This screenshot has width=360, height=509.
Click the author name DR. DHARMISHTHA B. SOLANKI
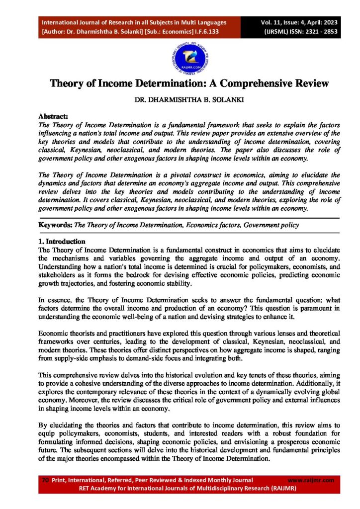[x=180, y=100]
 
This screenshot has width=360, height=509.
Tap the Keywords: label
[x=56, y=225]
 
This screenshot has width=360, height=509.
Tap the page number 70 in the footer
[x=45, y=480]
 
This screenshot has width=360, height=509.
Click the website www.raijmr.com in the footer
[x=311, y=480]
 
